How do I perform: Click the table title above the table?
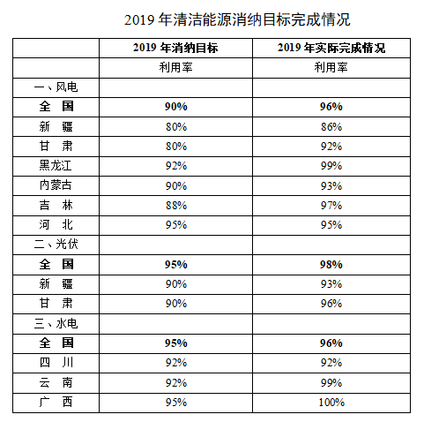237,20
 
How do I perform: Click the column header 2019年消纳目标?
175,48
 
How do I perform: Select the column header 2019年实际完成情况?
331,48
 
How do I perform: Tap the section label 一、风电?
56,87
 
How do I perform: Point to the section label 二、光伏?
56,245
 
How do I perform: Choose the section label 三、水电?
56,324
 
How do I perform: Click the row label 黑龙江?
56,166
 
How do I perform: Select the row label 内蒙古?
56,185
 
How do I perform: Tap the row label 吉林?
56,205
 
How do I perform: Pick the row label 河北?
56,225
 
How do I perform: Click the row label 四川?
56,363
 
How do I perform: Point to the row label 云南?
56,382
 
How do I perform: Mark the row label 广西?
56,402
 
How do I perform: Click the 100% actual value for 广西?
331,403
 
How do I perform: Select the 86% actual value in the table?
331,127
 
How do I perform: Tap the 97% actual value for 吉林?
331,206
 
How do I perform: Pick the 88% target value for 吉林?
176,206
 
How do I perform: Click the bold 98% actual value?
331,265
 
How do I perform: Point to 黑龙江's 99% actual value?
331,166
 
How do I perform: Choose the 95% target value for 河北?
176,225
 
